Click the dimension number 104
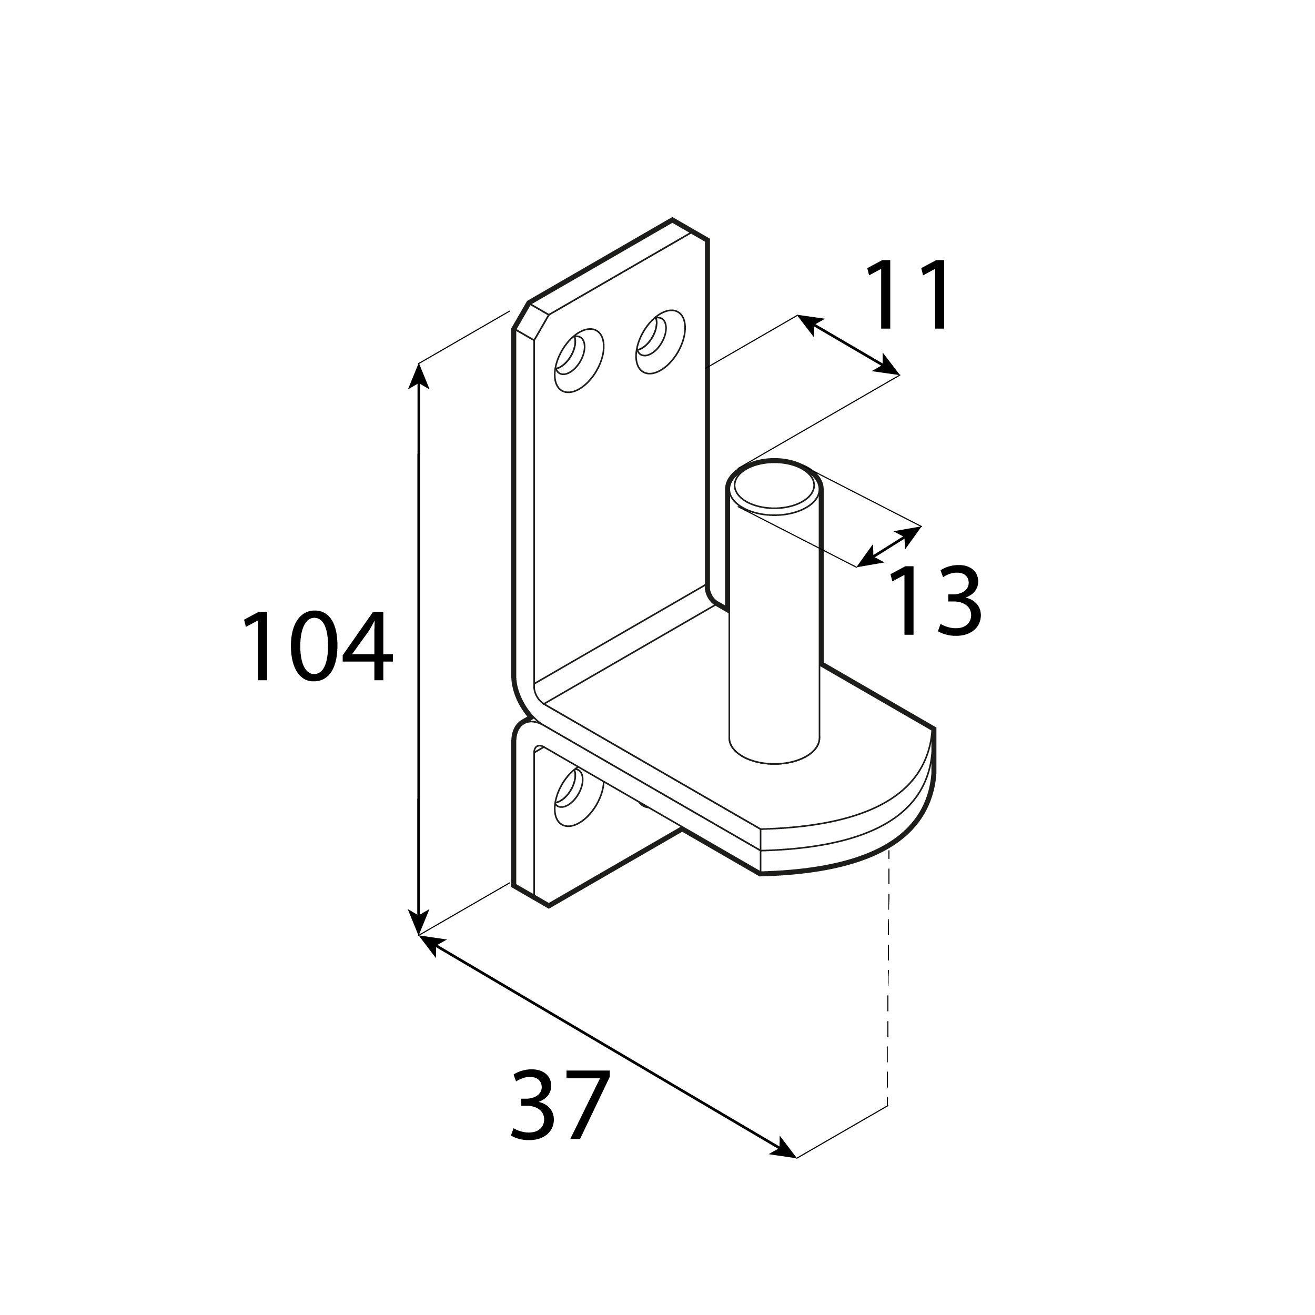318,646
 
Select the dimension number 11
907,294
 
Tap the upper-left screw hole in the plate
579,360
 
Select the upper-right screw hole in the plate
660,342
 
